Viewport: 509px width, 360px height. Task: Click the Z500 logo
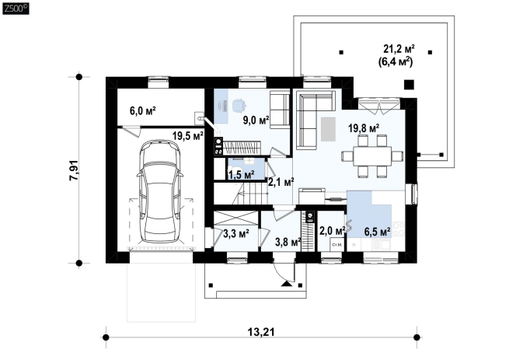click(x=16, y=9)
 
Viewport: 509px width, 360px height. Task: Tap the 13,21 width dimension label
click(x=261, y=332)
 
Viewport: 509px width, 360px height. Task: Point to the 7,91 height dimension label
click(x=74, y=170)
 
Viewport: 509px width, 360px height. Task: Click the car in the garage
click(x=159, y=191)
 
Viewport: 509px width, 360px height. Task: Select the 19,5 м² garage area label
click(x=188, y=136)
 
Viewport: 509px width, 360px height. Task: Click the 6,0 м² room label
click(x=142, y=110)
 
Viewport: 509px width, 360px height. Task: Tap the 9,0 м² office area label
click(x=256, y=121)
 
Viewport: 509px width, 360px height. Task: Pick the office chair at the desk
click(x=239, y=105)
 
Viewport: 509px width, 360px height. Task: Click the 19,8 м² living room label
click(x=364, y=128)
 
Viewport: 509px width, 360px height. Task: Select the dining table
click(x=372, y=156)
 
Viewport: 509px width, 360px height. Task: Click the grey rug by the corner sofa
click(x=328, y=129)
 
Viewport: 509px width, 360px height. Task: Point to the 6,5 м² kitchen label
click(x=377, y=232)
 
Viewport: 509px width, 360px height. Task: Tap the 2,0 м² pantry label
click(x=332, y=231)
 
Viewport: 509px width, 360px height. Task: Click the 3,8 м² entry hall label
click(x=288, y=242)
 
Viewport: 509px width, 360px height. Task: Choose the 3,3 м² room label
click(x=236, y=233)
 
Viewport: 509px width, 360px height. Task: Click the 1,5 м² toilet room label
click(x=241, y=176)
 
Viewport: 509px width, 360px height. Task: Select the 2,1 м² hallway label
click(x=281, y=182)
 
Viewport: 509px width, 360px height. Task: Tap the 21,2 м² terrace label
click(x=399, y=49)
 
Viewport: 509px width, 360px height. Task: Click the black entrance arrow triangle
click(x=287, y=284)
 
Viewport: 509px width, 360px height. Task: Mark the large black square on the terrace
click(x=409, y=85)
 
